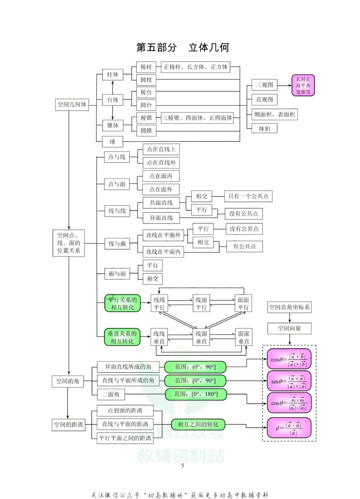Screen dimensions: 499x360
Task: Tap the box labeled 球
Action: tap(112, 142)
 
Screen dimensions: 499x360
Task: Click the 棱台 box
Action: tap(146, 93)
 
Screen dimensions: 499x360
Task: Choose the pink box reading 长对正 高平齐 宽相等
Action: tap(303, 85)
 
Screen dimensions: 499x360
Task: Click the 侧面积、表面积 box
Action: tap(274, 114)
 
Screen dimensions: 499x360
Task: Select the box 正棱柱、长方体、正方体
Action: tap(196, 67)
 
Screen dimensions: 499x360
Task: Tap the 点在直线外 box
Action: tap(161, 163)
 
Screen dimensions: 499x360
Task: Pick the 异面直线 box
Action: tap(161, 218)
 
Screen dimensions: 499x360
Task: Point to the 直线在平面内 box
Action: tap(163, 252)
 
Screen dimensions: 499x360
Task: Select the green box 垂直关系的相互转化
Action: tap(122, 338)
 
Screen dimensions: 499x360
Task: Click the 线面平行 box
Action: tap(201, 304)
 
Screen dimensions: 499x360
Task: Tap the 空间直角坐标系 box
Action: tap(289, 308)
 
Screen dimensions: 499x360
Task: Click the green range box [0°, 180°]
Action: tap(196, 395)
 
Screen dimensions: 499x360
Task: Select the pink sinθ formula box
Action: tap(289, 381)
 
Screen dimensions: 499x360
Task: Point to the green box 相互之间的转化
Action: tap(198, 425)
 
